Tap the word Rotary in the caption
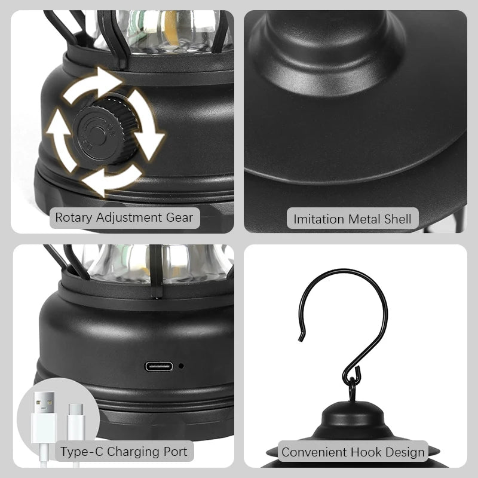click(x=73, y=217)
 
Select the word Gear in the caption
click(x=180, y=217)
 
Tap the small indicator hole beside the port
click(x=180, y=366)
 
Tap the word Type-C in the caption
click(x=78, y=451)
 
